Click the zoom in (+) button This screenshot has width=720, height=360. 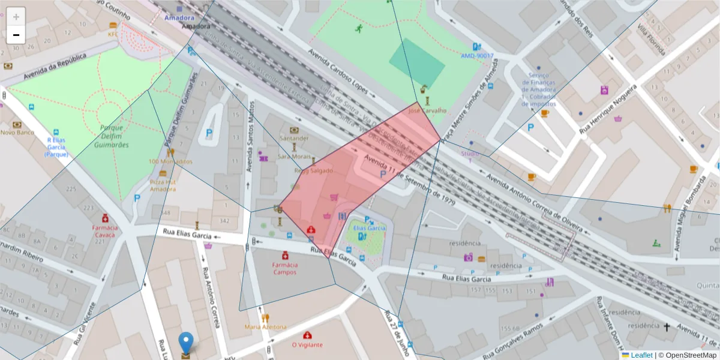pos(16,17)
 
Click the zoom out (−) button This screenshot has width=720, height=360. pos(16,35)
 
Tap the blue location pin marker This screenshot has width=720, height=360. pos(187,343)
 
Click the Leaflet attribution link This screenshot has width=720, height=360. pos(641,355)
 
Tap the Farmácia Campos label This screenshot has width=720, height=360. pos(285,268)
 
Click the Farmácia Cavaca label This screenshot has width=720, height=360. pos(105,232)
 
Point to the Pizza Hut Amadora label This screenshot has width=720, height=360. pos(163,185)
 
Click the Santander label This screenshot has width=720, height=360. pos(294,138)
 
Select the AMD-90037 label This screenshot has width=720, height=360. pos(477,56)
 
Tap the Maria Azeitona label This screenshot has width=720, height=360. pos(265,326)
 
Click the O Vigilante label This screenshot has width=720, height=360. pos(307,344)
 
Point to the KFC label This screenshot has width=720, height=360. pos(113,34)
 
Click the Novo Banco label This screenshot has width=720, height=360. pos(17,132)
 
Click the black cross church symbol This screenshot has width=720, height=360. pos(666,327)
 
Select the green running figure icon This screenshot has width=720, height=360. pos(359,28)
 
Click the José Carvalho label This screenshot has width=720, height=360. pos(427,110)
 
